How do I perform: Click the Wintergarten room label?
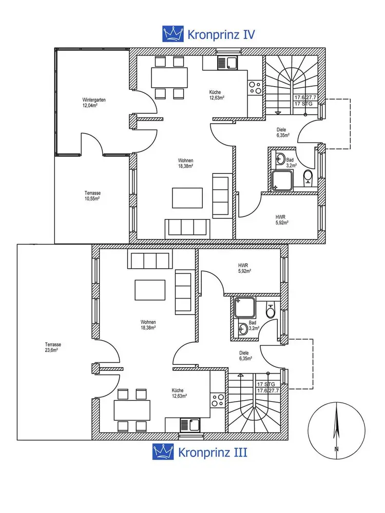(94, 103)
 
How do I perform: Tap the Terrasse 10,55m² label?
(92, 195)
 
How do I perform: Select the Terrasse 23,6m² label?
(51, 347)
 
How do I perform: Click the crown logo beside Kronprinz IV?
(173, 34)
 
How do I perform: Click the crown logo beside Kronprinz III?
(163, 452)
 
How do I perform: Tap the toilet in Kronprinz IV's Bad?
(307, 177)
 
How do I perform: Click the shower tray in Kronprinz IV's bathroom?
(282, 181)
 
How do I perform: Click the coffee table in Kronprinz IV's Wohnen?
(187, 198)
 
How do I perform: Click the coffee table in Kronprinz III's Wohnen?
(150, 290)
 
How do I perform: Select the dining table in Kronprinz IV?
(169, 77)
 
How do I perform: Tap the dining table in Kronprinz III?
(132, 410)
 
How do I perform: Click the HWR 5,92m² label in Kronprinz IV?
(282, 219)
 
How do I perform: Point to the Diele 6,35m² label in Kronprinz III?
(244, 356)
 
